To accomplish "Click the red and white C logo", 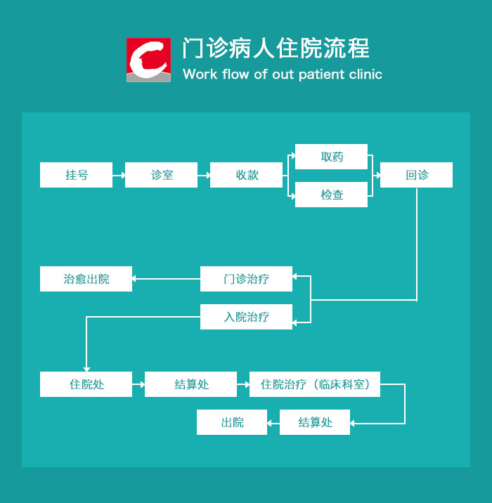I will [x=148, y=60].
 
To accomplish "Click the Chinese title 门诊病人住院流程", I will [x=276, y=48].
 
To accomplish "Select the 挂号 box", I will [x=76, y=175].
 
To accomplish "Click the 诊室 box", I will [x=162, y=175].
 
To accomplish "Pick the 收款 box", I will [x=247, y=175].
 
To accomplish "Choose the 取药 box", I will [x=331, y=157].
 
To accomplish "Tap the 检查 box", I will [x=331, y=195].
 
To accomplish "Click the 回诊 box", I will [x=416, y=175].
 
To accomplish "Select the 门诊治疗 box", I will [x=246, y=279].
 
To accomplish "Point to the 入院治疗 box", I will [x=246, y=317].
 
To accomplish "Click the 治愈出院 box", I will [x=86, y=279].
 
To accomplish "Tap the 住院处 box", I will [x=86, y=384].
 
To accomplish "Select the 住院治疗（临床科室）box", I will [x=314, y=384].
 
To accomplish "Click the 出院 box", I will [x=232, y=422].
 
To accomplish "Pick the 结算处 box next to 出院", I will [x=315, y=422].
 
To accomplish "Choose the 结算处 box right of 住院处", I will [x=191, y=384].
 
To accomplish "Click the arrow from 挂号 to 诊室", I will [x=119, y=175].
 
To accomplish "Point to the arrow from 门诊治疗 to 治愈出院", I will [x=167, y=279].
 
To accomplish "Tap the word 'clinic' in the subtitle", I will [x=364, y=74].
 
